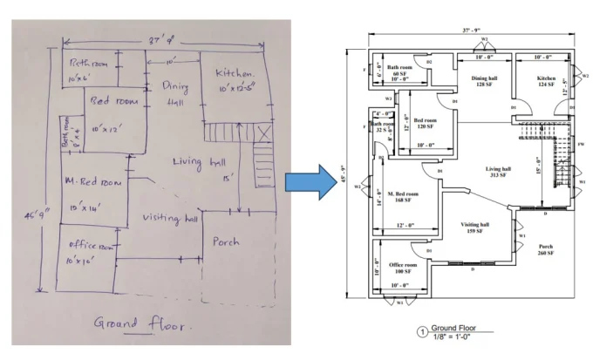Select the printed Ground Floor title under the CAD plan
[452, 328]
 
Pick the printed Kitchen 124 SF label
[547, 82]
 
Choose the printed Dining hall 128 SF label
[484, 82]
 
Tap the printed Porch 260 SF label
[546, 250]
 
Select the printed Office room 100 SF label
[401, 268]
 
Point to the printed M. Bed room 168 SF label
[403, 197]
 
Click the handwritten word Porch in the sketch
[226, 241]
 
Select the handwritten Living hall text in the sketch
[201, 163]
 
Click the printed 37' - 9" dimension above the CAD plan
[473, 30]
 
